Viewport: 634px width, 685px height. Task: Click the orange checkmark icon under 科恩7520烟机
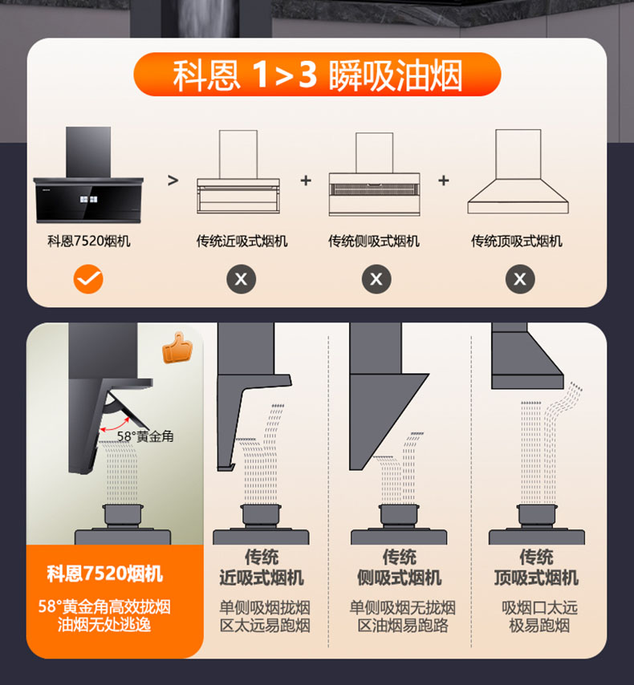point(88,279)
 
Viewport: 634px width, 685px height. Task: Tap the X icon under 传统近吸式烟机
point(241,279)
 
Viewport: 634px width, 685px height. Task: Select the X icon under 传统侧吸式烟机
point(376,279)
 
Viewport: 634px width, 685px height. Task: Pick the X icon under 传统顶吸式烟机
point(520,279)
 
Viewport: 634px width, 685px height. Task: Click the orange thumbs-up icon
point(177,348)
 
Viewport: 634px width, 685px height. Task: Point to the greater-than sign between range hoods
point(173,180)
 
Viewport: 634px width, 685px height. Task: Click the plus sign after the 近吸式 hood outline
point(306,180)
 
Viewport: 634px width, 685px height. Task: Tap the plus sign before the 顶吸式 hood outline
point(444,180)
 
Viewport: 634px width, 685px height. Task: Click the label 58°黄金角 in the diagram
point(145,436)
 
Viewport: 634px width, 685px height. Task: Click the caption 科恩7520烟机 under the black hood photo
point(89,241)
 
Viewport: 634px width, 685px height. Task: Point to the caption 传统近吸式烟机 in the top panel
point(242,241)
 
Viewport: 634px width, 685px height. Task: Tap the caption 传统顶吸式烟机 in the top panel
point(517,241)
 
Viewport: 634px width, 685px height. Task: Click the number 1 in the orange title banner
point(261,75)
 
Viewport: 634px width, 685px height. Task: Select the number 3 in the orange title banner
point(308,75)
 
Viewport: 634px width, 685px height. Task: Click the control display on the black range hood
point(89,199)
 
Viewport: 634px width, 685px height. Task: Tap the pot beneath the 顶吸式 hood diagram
point(537,516)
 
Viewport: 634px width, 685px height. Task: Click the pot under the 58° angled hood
point(123,516)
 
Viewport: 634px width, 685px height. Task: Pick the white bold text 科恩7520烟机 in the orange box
point(105,574)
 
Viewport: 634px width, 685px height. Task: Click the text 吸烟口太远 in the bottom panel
point(539,607)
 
